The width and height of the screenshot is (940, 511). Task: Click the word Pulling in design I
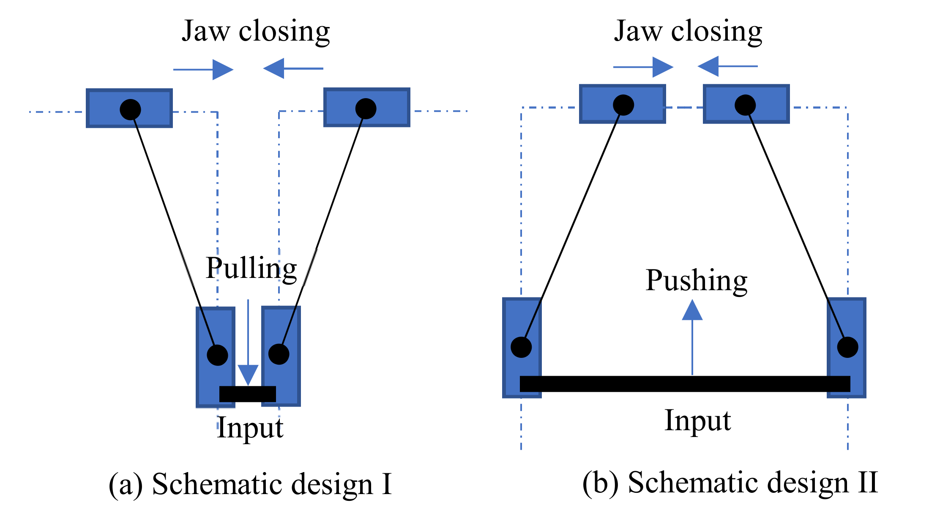pos(251,269)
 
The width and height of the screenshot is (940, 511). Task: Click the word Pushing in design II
pos(696,281)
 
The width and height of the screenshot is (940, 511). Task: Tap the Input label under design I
pos(250,428)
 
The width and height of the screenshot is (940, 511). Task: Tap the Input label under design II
pos(697,421)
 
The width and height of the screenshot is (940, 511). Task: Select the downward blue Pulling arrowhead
pos(248,374)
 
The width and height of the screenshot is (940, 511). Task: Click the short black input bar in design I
pos(248,394)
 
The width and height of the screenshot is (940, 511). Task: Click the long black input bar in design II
pos(685,384)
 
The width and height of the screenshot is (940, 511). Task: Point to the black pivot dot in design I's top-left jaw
pos(130,110)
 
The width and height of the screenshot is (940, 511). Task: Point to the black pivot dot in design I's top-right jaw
pos(366,109)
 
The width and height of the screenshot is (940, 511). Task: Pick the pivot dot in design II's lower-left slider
pos(521,347)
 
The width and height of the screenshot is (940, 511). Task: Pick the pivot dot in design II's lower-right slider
pos(847,347)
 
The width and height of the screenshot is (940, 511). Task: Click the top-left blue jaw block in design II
pos(600,104)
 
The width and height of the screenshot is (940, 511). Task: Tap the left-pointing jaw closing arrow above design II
pos(727,66)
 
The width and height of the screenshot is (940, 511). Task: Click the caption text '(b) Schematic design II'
pos(730,482)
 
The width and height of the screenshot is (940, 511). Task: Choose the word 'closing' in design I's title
pos(284,31)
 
